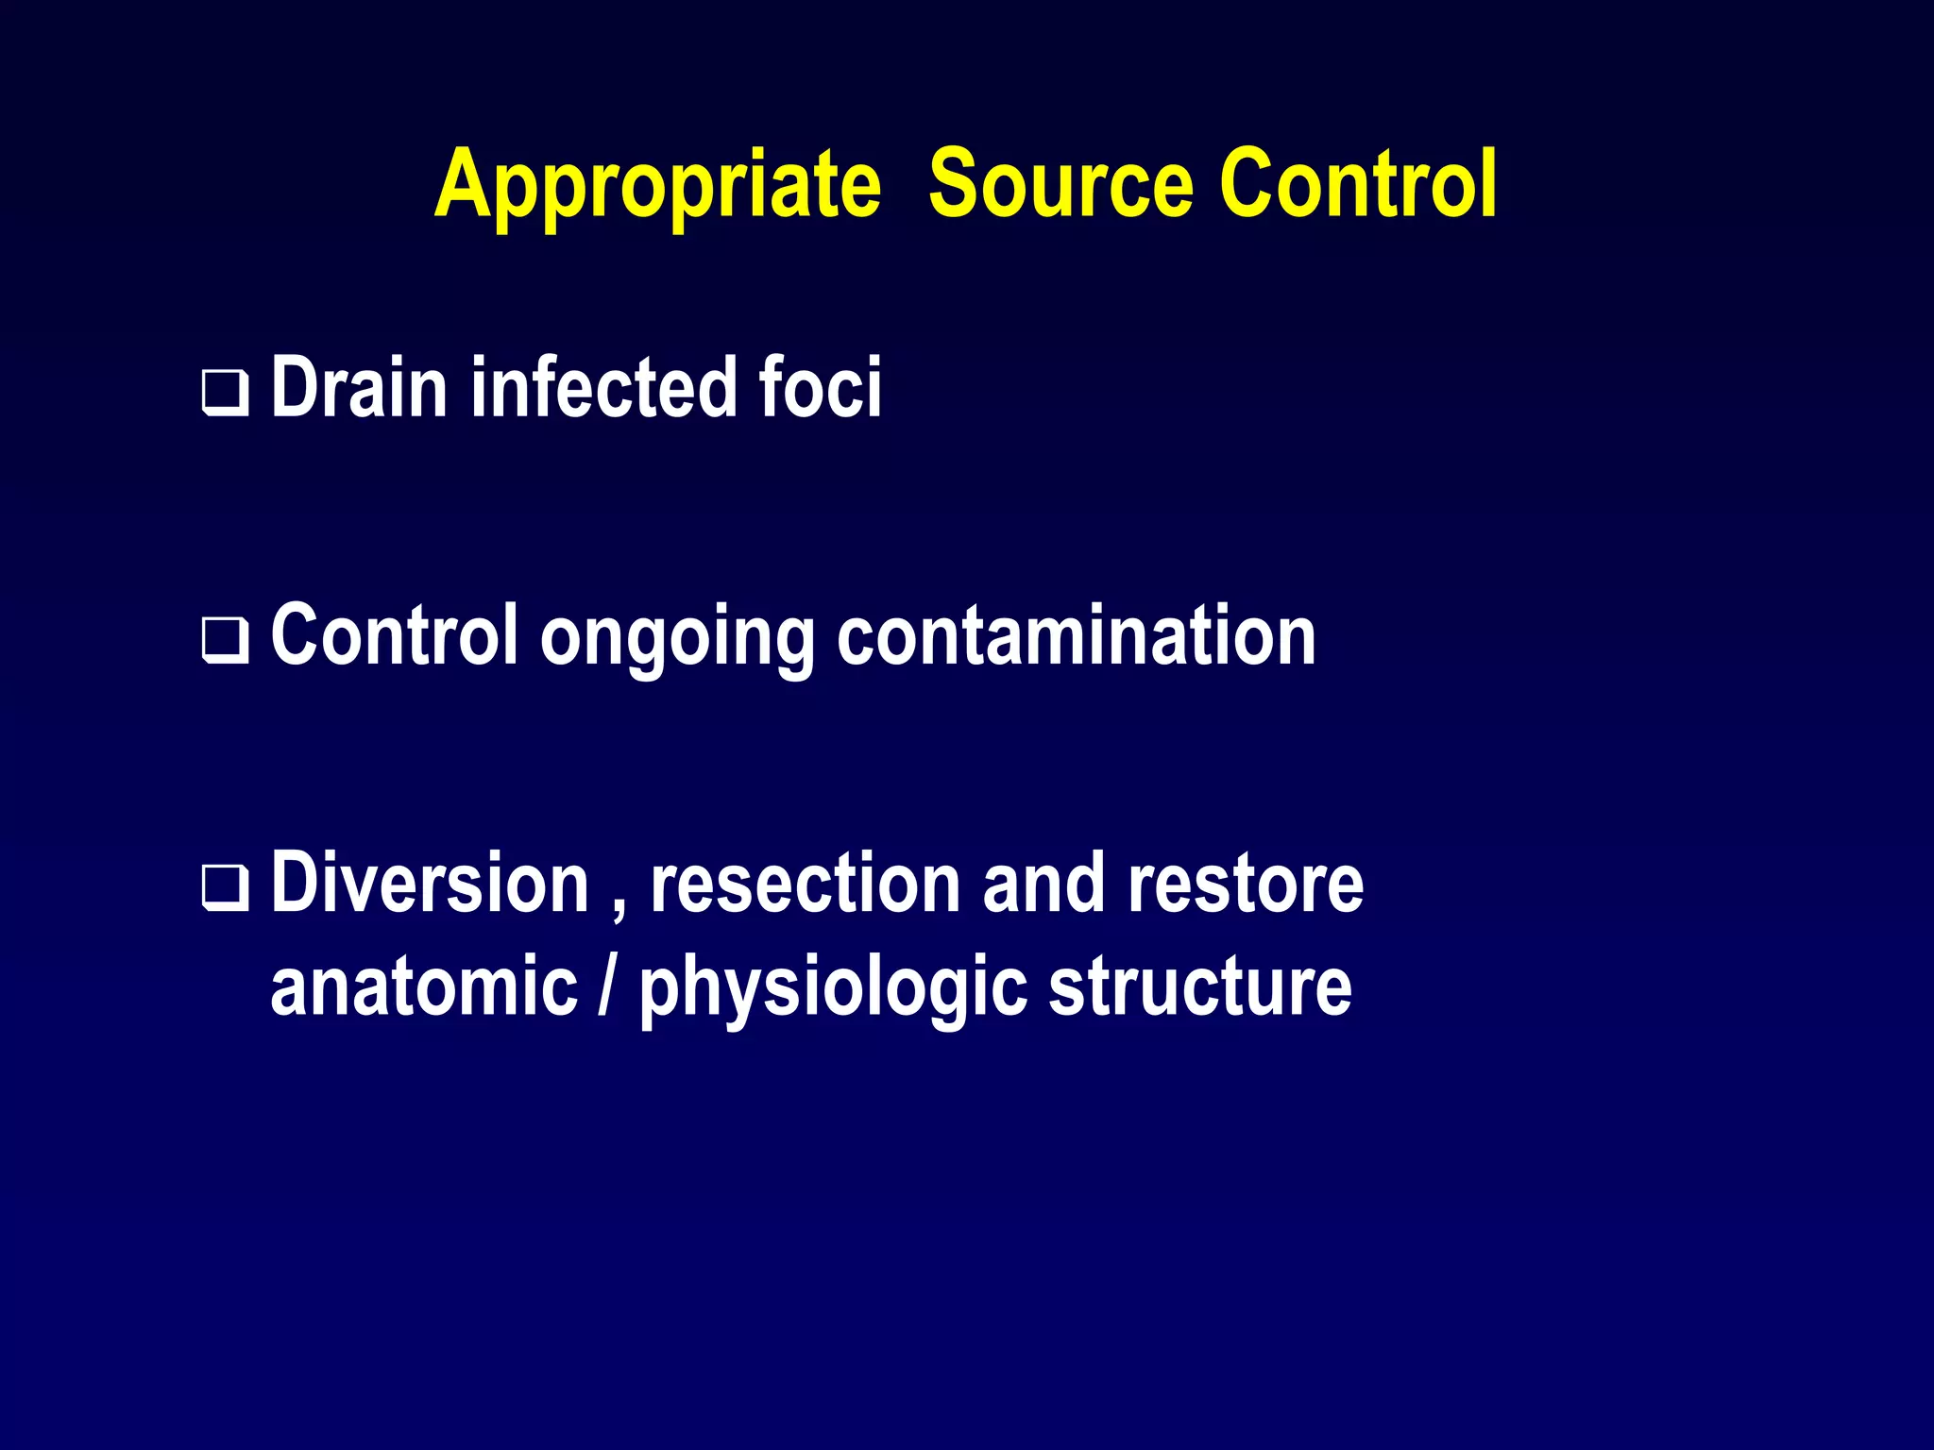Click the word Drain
359,387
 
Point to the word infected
604,387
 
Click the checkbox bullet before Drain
225,394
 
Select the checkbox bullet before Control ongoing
225,641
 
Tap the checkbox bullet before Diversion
225,888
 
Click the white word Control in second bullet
395,635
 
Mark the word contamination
1077,635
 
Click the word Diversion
430,884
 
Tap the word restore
1246,884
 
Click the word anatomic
424,986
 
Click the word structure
1200,986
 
